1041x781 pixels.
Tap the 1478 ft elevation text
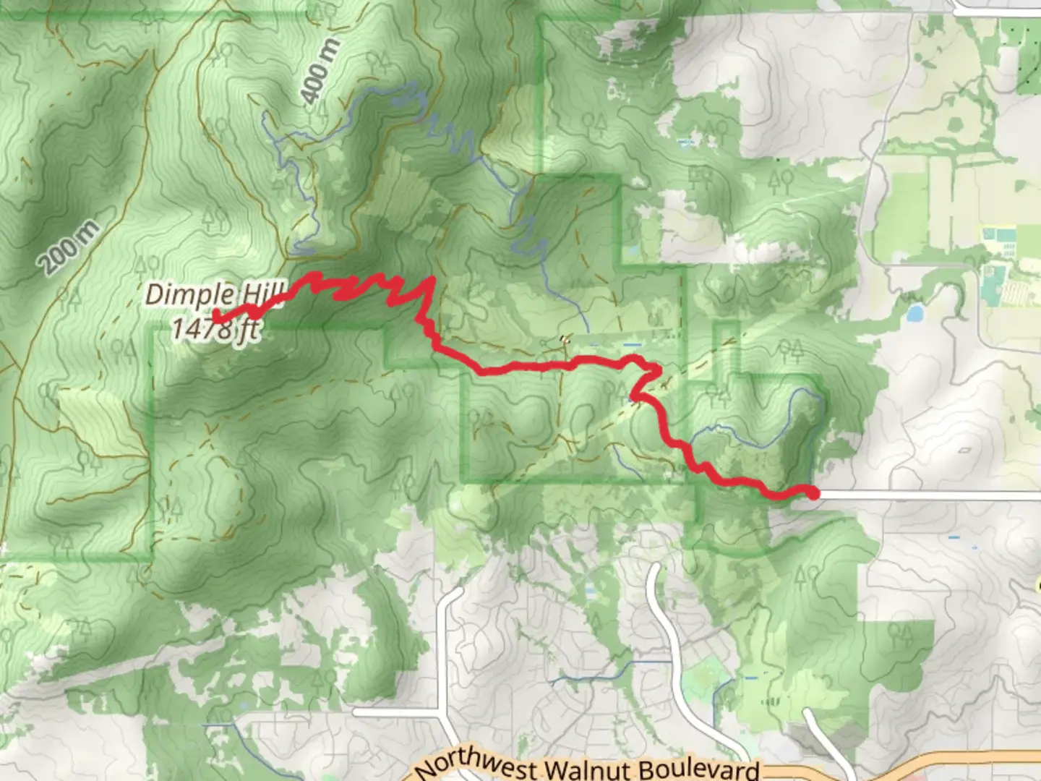(x=215, y=329)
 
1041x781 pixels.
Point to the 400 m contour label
(x=319, y=72)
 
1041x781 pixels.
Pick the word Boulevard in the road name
(x=698, y=769)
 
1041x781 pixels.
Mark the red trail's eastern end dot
(x=813, y=494)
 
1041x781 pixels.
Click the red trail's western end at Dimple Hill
(x=217, y=315)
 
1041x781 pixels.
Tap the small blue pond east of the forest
(x=914, y=313)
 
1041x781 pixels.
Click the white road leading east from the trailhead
(x=925, y=495)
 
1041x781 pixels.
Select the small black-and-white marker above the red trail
(x=564, y=338)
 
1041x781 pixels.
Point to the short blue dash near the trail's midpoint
(x=632, y=345)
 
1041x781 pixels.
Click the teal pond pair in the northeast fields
(x=998, y=235)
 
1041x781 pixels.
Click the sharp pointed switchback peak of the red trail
(x=432, y=279)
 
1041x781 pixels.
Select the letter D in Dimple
(x=154, y=294)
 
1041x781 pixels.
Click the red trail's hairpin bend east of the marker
(x=656, y=372)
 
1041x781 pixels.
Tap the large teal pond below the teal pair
(x=995, y=278)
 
